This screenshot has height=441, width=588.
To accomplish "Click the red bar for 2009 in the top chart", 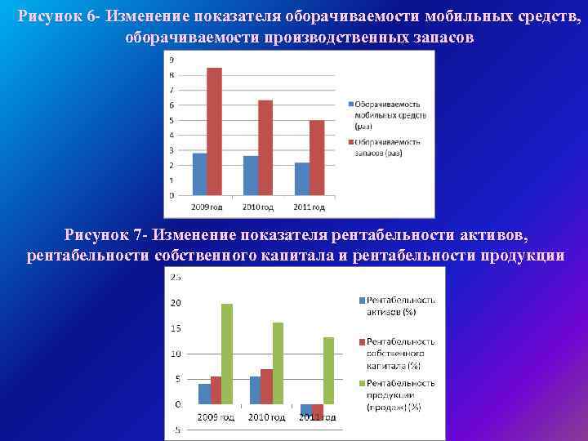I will pyautogui.click(x=214, y=131).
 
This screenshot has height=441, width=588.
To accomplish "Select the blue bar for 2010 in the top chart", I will pyautogui.click(x=251, y=175).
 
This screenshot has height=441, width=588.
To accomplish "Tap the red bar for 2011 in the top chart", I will pyautogui.click(x=316, y=158).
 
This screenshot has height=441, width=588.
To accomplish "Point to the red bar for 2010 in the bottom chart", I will pyautogui.click(x=266, y=386).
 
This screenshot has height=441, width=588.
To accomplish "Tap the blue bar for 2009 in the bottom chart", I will pyautogui.click(x=204, y=394).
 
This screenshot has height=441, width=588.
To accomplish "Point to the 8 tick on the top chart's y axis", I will pyautogui.click(x=171, y=75).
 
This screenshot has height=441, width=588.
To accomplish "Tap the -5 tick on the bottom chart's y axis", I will pyautogui.click(x=176, y=430).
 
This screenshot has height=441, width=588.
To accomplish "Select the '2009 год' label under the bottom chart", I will pyautogui.click(x=216, y=417).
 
